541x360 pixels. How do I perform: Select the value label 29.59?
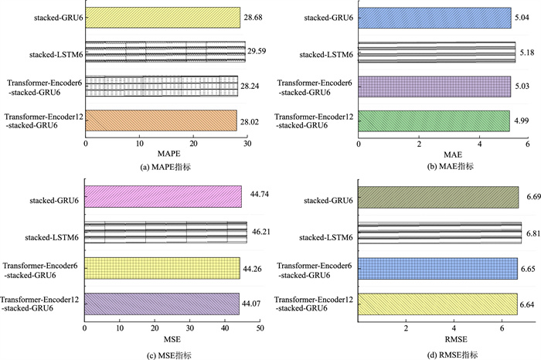(257, 53)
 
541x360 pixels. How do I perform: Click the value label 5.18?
(527, 53)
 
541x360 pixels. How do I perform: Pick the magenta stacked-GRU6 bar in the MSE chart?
(163, 198)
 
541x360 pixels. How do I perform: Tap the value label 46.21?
(258, 231)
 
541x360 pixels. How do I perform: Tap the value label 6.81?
(532, 231)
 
